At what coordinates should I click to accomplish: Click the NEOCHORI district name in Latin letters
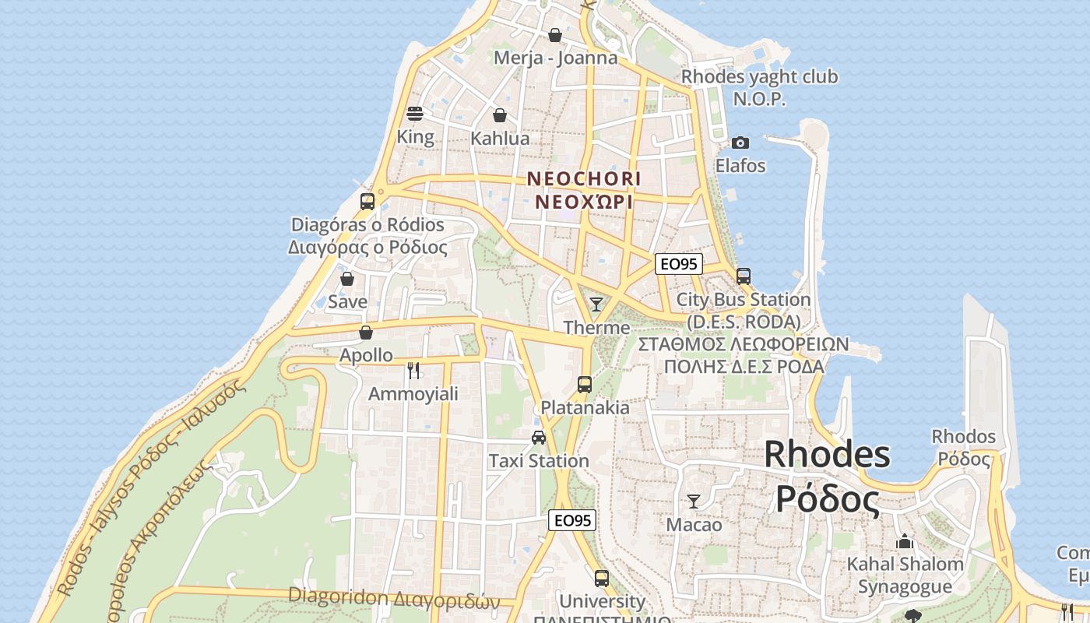584,179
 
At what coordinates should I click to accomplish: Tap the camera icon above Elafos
740,143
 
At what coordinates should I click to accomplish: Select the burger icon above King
415,114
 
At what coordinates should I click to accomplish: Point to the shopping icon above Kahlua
500,115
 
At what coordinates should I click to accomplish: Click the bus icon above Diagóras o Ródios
367,202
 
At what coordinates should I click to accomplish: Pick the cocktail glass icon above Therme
596,304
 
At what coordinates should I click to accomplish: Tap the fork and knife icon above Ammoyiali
413,371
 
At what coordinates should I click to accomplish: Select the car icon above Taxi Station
539,438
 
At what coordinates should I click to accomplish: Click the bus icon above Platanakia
585,384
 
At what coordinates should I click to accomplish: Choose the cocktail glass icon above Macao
694,502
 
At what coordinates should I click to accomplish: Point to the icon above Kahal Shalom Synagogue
905,540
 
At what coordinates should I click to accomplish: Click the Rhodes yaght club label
759,77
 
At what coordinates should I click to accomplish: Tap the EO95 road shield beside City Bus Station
678,264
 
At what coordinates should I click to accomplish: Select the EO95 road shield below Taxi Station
572,520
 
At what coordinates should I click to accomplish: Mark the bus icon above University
602,579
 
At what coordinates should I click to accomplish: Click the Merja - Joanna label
556,58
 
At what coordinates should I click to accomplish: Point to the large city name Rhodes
827,454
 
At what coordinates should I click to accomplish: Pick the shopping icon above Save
347,278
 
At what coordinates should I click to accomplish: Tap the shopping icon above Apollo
366,333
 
